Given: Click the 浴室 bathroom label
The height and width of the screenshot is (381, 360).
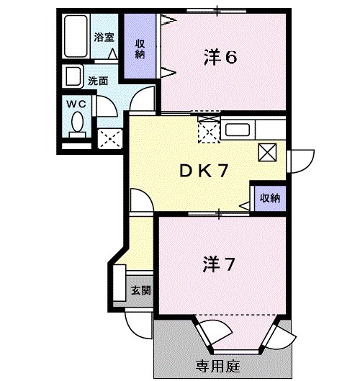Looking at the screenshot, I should coord(104,35).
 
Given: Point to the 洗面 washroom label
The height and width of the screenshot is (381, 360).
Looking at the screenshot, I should coord(98,81).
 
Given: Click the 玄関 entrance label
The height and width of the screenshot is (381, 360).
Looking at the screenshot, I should coord(140,291).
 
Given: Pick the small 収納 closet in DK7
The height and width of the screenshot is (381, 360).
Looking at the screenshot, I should coord(269,197).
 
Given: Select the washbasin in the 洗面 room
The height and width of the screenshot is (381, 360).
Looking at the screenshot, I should coord(73,76).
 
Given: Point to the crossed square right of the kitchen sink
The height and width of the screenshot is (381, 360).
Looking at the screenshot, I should coord(267,152).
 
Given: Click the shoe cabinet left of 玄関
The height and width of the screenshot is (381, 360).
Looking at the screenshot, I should coord(119,282).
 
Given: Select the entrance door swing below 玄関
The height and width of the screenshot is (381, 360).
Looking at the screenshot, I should coord(137,321).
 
